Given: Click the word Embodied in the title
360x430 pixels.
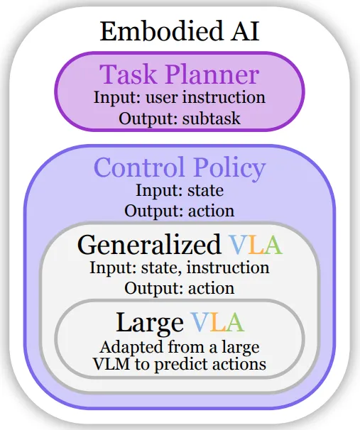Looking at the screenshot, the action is click(160, 31).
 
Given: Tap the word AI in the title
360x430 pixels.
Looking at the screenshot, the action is click(245, 31).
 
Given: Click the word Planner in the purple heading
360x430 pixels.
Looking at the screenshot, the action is click(212, 75).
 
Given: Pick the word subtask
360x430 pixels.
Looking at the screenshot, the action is click(212, 118).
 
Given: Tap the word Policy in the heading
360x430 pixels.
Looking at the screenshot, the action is click(229, 168).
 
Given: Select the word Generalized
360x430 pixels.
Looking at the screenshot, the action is click(149, 245).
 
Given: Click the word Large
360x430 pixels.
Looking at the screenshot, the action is click(150, 323).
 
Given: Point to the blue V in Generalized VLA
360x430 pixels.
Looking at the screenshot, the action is click(238, 246).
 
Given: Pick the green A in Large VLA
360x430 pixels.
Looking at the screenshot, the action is click(234, 322).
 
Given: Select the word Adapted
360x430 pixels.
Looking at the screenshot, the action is click(132, 348).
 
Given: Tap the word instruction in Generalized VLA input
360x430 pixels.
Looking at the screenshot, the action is click(228, 268).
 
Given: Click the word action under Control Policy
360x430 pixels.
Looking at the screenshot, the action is click(212, 211).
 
